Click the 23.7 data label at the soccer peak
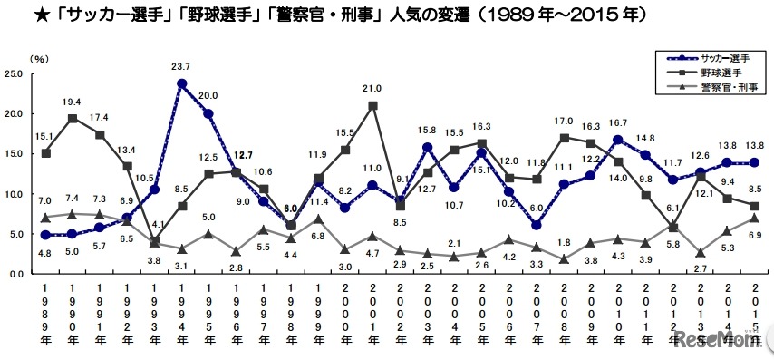tap(182, 66)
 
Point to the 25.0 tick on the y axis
tap(15, 74)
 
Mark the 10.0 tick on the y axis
tap(15, 194)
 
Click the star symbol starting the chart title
tap(14, 15)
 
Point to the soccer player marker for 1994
tap(182, 83)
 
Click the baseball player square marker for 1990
tap(73, 119)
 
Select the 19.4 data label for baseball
tap(73, 102)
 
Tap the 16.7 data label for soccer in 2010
tap(618, 122)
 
